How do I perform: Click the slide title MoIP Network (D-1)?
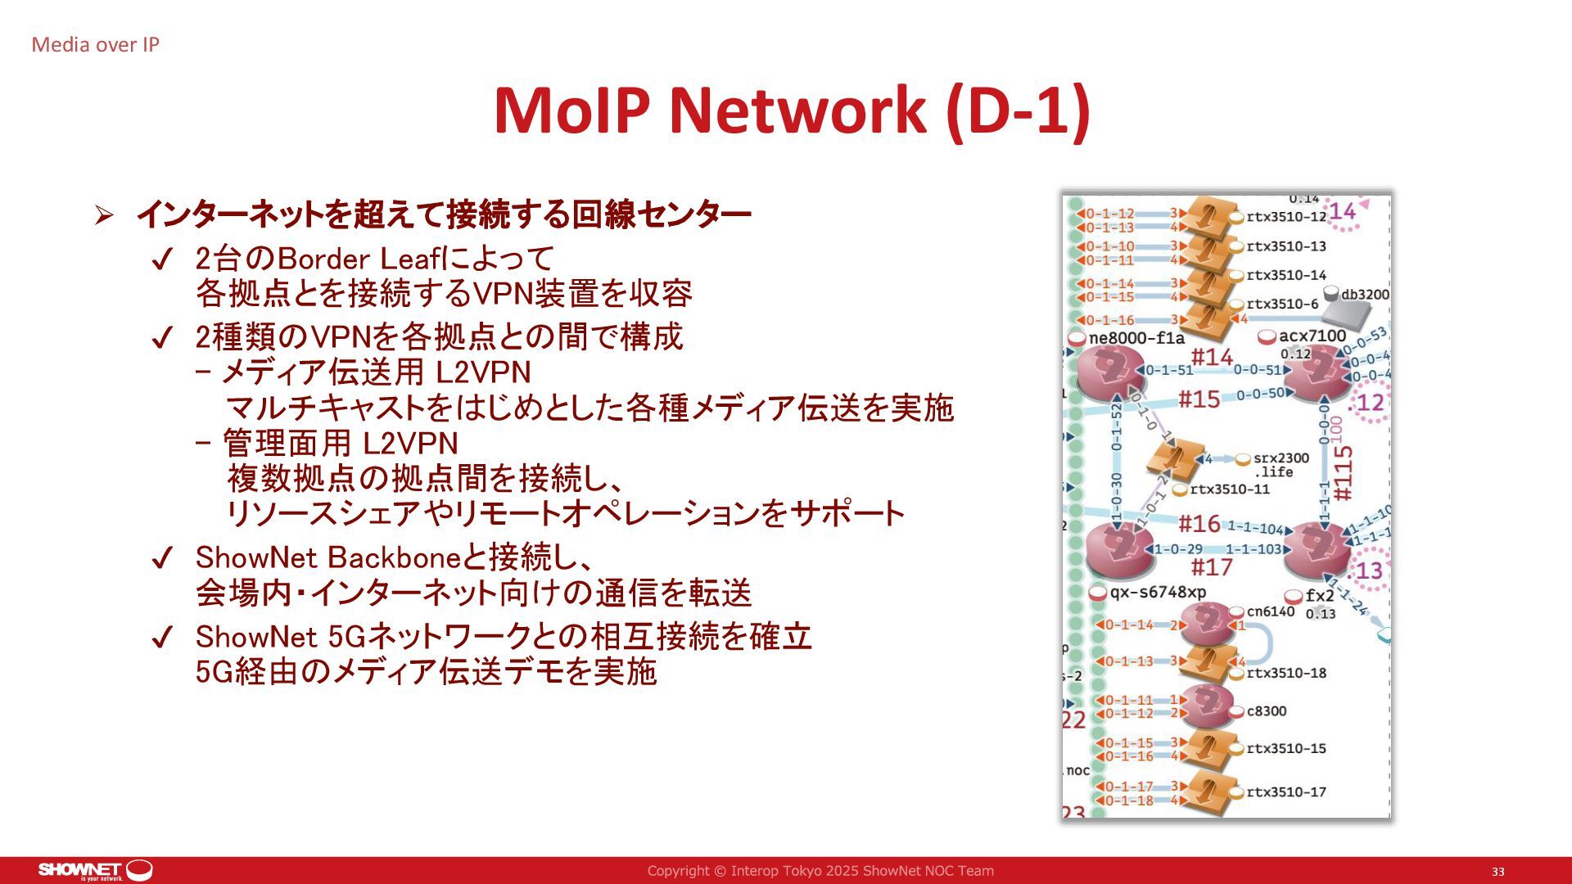point(792,110)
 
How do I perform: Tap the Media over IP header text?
point(95,45)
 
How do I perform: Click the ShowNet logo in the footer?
point(95,870)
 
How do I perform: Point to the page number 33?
point(1497,872)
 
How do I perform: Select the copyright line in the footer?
point(820,871)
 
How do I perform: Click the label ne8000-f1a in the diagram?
point(1136,338)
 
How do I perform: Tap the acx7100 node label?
point(1312,336)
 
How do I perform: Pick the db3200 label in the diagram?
point(1364,295)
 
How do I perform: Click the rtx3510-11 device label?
point(1229,489)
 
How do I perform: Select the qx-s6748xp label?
point(1158,592)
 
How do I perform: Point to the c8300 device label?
point(1266,710)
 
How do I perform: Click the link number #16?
point(1199,523)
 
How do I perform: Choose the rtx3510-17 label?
point(1285,792)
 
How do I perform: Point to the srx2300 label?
point(1281,458)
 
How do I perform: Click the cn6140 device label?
point(1271,611)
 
